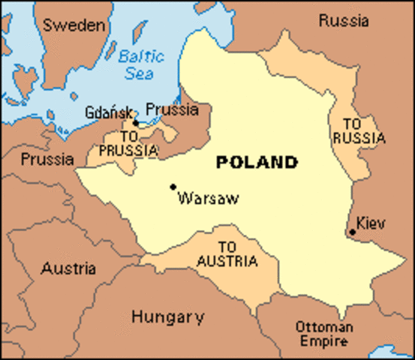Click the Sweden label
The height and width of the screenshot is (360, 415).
click(x=73, y=25)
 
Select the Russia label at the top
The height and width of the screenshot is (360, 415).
click(x=343, y=21)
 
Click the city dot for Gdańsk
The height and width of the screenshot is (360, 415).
click(x=136, y=122)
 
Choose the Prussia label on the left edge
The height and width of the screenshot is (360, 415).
click(x=47, y=159)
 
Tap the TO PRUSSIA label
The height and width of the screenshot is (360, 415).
click(x=128, y=144)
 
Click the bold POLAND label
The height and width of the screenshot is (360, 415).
click(x=256, y=162)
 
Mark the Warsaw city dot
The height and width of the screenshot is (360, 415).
click(x=173, y=187)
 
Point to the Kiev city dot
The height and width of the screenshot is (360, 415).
click(x=352, y=232)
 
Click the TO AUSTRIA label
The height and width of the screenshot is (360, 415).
click(x=227, y=254)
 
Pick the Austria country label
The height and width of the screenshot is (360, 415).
click(x=68, y=268)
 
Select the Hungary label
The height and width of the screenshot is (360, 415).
click(x=167, y=316)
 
